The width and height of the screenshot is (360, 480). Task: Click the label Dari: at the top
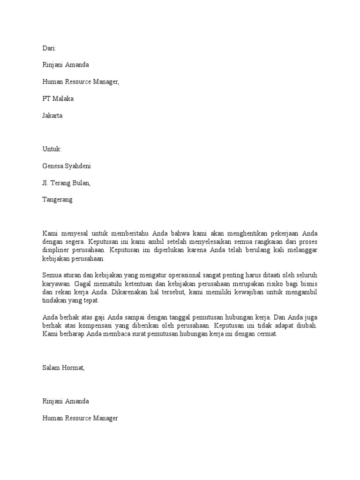click(x=49, y=48)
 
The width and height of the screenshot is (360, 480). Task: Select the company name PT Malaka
click(x=58, y=98)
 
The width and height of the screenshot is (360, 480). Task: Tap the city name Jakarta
click(x=52, y=115)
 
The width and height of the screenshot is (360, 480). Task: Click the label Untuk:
click(x=52, y=149)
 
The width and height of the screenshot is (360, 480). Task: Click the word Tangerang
click(x=58, y=199)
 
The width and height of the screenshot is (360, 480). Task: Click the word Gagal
click(x=80, y=284)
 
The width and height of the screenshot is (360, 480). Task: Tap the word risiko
click(x=269, y=284)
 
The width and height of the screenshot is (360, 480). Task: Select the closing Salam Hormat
click(x=63, y=368)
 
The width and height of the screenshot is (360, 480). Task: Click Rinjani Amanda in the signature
click(x=66, y=401)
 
